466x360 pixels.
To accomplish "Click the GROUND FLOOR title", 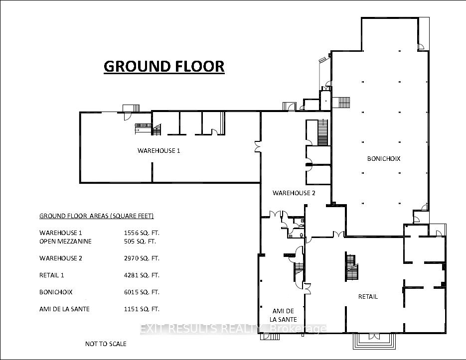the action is click(164, 67).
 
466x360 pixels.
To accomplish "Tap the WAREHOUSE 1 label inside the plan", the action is click(158, 150).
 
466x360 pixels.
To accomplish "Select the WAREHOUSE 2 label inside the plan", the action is click(294, 193).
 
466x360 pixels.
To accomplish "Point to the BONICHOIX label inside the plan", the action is click(384, 159).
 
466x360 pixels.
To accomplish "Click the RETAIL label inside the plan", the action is click(368, 296).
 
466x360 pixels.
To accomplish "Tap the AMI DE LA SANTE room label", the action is click(283, 315).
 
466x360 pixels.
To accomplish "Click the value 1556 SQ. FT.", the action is click(142, 233).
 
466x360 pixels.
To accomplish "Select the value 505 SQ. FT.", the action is click(140, 241).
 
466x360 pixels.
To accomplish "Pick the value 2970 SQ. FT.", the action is click(142, 258).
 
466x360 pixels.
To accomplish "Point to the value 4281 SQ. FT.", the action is click(142, 275).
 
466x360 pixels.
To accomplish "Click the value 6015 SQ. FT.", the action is click(142, 292).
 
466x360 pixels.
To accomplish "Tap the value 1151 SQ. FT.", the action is click(142, 309).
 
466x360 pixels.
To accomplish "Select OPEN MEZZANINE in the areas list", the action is click(65, 241).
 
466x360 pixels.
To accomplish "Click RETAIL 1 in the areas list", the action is click(51, 275).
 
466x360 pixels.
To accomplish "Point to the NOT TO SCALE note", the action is click(106, 344).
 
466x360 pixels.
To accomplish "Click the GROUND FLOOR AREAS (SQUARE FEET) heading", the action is click(97, 216).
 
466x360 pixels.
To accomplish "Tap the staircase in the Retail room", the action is click(351, 266).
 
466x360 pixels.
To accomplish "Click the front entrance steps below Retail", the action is click(374, 341).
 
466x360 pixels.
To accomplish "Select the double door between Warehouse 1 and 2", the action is click(257, 147).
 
